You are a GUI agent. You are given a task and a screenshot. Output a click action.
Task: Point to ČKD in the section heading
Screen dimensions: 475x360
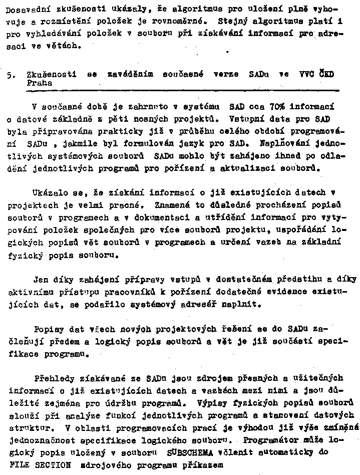coord(327,74)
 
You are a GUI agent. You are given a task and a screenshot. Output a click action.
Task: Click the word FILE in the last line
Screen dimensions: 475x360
coord(17,464)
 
